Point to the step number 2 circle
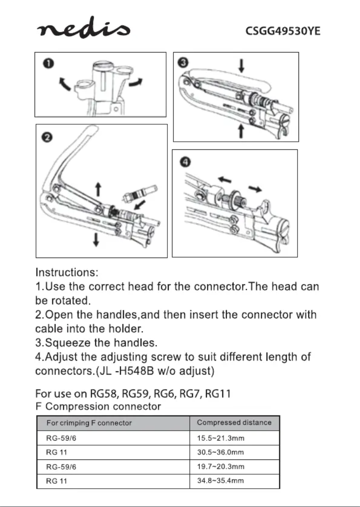click(48, 137)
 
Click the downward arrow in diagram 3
click(241, 66)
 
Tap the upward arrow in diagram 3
click(241, 131)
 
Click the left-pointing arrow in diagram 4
click(225, 179)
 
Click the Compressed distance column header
click(234, 423)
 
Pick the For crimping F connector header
click(89, 423)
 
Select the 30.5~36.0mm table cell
click(220, 452)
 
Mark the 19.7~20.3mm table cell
click(220, 467)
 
